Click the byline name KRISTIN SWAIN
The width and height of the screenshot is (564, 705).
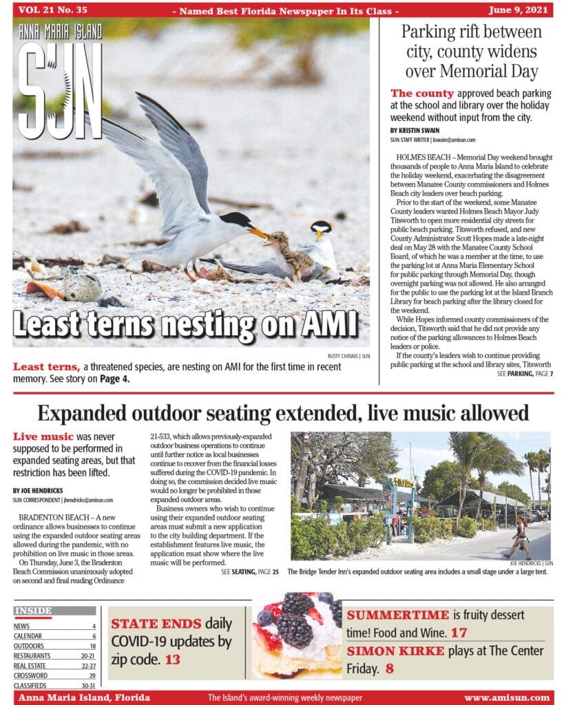point(413,130)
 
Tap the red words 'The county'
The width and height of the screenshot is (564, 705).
point(422,94)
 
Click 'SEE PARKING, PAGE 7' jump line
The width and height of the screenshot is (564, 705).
point(525,373)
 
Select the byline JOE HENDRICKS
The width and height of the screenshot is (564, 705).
point(39,490)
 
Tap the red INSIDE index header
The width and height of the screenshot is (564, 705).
point(34,610)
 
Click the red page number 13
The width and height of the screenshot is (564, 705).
point(172,660)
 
